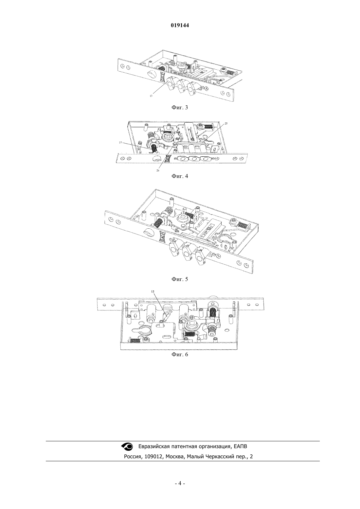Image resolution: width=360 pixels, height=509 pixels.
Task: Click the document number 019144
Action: (x=180, y=26)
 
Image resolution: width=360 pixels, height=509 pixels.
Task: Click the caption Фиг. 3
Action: (x=180, y=108)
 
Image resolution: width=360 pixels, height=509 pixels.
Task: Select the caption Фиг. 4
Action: (x=180, y=176)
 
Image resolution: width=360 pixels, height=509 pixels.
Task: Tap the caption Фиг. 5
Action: (x=180, y=279)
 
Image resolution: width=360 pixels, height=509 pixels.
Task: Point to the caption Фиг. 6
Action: (x=180, y=354)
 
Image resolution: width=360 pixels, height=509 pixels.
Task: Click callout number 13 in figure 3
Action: (x=151, y=96)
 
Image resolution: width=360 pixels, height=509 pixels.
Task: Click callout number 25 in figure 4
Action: (x=226, y=123)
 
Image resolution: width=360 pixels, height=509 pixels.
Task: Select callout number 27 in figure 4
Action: (x=120, y=143)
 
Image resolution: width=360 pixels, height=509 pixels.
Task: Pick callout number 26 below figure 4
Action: (x=158, y=170)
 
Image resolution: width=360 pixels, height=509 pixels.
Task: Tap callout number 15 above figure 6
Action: (x=153, y=291)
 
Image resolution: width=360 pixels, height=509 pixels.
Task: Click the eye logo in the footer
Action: (x=127, y=446)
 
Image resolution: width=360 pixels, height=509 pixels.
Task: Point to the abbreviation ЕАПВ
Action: (x=240, y=446)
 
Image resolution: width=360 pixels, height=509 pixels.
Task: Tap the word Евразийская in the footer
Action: (x=154, y=447)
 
